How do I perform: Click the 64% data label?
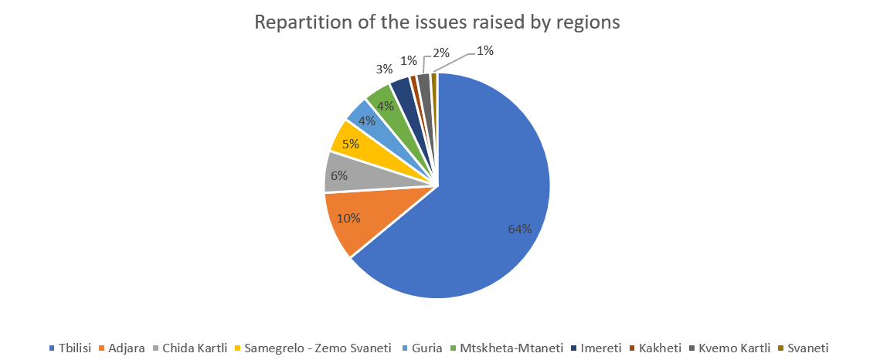point(519,229)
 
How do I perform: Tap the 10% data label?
point(348,219)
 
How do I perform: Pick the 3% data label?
point(384,70)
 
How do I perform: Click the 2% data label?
point(441,53)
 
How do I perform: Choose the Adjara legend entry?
point(124,348)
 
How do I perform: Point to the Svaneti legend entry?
point(807,348)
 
